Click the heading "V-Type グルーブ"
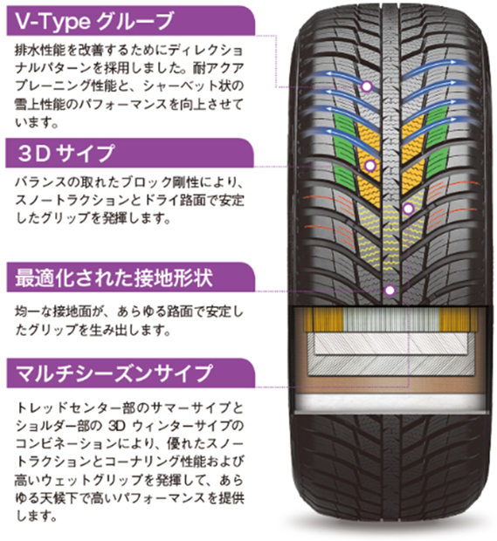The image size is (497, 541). [x=93, y=21]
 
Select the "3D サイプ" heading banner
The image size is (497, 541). [x=130, y=153]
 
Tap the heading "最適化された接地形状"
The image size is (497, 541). [x=114, y=278]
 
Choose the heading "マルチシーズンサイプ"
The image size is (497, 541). [x=114, y=373]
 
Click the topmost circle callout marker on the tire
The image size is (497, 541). [x=367, y=86]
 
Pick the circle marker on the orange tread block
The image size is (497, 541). [x=370, y=166]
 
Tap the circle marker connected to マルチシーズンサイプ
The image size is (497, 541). [x=408, y=209]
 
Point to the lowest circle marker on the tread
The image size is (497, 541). [x=390, y=291]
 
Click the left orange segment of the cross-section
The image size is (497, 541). [x=324, y=319]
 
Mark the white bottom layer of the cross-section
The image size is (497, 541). [x=391, y=402]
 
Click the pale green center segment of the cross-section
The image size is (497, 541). [x=391, y=319]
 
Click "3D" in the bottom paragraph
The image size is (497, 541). [x=116, y=426]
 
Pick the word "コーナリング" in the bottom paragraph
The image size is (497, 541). [x=142, y=462]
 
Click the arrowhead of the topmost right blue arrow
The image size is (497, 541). [x=464, y=63]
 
